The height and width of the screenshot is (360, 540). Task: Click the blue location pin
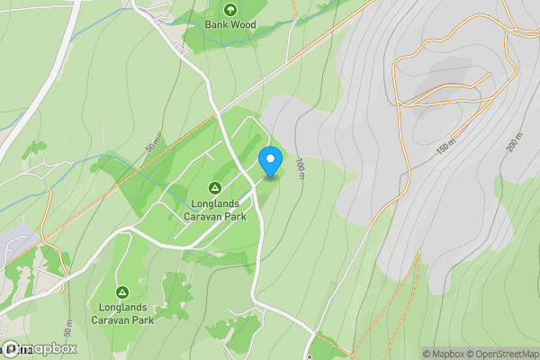(270, 160)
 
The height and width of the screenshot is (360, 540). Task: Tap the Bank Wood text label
(229, 25)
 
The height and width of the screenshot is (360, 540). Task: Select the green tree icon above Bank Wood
(229, 10)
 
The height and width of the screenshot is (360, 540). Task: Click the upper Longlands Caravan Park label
(215, 210)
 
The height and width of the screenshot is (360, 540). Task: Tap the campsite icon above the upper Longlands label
(215, 187)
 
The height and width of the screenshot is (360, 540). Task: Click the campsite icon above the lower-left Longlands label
(122, 292)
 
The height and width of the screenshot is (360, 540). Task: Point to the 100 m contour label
(300, 168)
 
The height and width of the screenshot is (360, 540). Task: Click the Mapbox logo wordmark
(40, 349)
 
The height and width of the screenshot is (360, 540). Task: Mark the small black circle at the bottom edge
(309, 356)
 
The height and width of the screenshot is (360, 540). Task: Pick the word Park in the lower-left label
(141, 319)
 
